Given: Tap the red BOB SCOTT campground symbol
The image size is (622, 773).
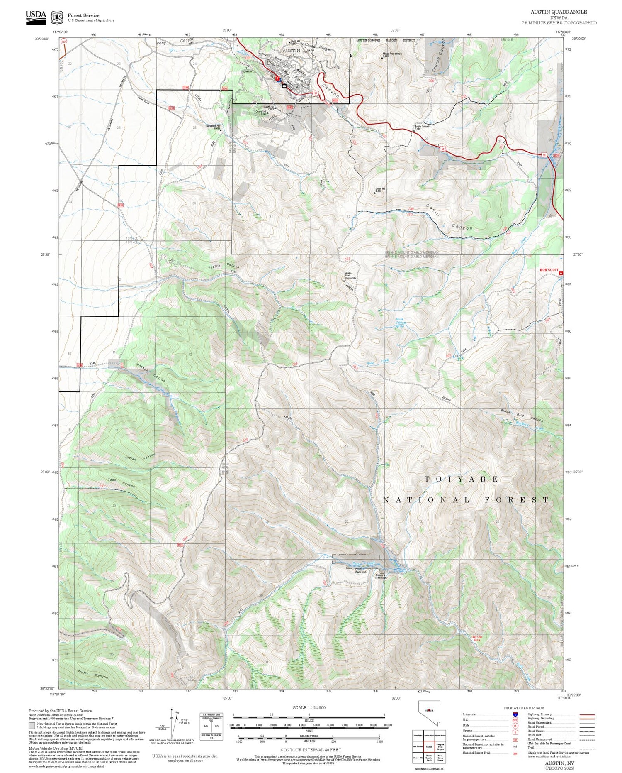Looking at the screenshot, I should (x=561, y=273).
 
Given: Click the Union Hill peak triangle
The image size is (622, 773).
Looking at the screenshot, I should (x=375, y=193).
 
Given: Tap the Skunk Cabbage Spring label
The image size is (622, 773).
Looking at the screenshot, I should (x=400, y=323).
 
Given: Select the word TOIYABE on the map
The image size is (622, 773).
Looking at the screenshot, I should (x=462, y=479).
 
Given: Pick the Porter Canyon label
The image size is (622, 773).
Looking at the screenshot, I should (x=92, y=674).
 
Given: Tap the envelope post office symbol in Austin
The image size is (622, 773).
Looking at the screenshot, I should (x=284, y=86).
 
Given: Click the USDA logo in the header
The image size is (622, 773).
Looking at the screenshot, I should (x=36, y=17).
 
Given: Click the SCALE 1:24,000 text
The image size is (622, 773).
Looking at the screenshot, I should (x=309, y=708).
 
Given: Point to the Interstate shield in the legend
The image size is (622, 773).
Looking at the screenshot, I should (x=515, y=714).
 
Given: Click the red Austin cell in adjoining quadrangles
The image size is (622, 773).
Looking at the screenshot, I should (x=429, y=746).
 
